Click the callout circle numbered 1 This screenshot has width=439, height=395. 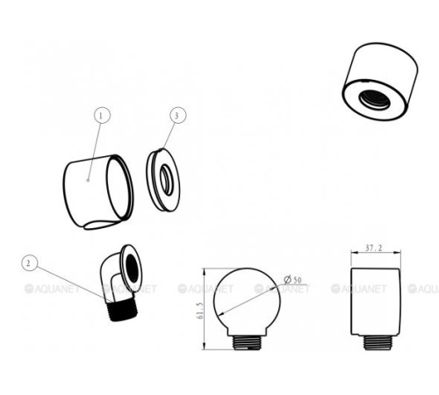[x=102, y=116]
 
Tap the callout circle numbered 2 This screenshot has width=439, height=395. [x=30, y=263]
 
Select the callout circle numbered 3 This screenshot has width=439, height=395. [x=178, y=115]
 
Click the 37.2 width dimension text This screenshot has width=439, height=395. [x=374, y=248]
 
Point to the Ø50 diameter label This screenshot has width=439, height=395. [x=292, y=280]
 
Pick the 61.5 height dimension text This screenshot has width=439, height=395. [x=200, y=311]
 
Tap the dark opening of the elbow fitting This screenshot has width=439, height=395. [x=132, y=269]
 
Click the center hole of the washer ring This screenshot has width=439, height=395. [x=166, y=180]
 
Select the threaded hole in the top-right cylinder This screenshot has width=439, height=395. [x=375, y=99]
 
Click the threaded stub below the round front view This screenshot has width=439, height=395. [x=248, y=342]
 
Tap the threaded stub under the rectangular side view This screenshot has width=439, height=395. [x=377, y=342]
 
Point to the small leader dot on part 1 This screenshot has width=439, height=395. [x=88, y=180]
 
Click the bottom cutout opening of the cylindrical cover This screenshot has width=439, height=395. [x=101, y=225]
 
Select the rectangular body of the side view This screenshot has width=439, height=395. [x=376, y=301]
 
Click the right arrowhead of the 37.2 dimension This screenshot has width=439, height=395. [x=397, y=252]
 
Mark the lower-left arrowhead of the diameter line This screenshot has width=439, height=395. [x=221, y=313]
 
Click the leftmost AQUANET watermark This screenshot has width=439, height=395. [x=52, y=289]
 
